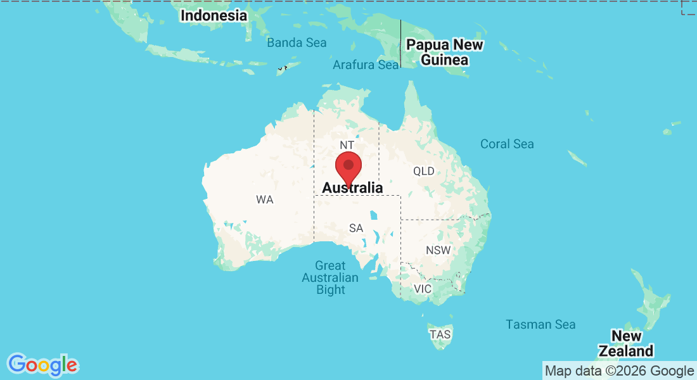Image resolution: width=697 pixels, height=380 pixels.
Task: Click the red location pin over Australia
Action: (348, 167)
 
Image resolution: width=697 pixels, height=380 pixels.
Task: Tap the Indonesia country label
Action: (214, 15)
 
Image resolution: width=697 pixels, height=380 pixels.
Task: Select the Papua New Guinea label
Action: (444, 53)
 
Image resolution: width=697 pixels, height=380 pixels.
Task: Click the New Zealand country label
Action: (626, 343)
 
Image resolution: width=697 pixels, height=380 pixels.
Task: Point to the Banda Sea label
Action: (297, 43)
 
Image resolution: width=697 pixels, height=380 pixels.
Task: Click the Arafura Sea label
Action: (366, 65)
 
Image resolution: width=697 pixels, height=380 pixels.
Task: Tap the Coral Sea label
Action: (507, 144)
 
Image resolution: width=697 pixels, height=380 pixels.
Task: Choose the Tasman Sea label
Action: (540, 324)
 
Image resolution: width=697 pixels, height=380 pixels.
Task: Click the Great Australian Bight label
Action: (330, 277)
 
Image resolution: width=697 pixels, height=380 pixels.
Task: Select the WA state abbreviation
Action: (265, 199)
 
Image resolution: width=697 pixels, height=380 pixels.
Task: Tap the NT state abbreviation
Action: (347, 146)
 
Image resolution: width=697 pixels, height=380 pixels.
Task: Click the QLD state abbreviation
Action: (424, 171)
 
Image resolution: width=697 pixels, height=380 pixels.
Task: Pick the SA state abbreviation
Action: (356, 228)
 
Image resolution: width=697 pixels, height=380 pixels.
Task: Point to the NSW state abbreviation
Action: (438, 250)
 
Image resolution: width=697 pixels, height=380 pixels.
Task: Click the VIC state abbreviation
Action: (422, 289)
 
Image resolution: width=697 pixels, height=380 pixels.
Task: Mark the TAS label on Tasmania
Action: (440, 334)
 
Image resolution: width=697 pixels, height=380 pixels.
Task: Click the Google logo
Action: (43, 365)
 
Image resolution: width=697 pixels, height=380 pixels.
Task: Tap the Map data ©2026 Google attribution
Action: (619, 370)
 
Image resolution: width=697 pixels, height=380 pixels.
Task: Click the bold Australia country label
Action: (352, 188)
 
